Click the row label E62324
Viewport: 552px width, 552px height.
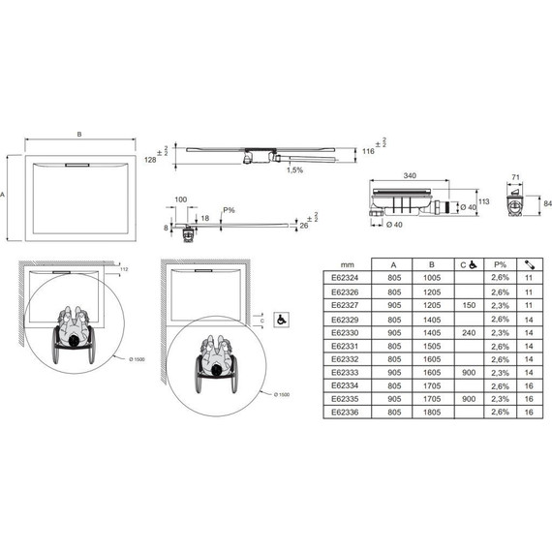[x=345, y=276]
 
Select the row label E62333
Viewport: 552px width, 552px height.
[x=345, y=370]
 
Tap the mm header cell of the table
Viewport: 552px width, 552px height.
[x=345, y=262]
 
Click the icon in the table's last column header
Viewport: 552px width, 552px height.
[x=530, y=262]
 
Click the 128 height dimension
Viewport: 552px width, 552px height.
[x=150, y=159]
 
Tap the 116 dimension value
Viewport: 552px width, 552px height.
[x=367, y=152]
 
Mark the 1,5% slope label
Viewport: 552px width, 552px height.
[x=294, y=170]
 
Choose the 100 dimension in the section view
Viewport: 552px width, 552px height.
[x=180, y=199]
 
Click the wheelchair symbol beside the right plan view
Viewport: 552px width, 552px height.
[x=281, y=319]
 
